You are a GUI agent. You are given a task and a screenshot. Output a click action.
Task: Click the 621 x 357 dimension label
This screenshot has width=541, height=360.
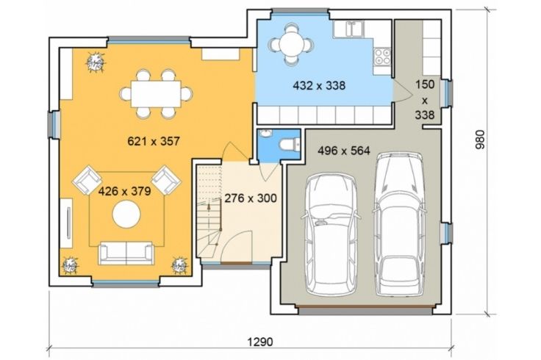click(x=154, y=141)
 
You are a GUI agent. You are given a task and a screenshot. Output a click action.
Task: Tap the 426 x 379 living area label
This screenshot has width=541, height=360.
click(x=124, y=191)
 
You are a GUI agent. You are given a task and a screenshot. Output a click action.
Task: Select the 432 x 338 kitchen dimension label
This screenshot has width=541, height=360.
click(x=319, y=85)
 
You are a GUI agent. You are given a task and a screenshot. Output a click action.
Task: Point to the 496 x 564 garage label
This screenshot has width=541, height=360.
click(x=344, y=151)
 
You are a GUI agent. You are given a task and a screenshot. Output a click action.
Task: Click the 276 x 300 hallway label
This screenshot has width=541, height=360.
click(x=251, y=198)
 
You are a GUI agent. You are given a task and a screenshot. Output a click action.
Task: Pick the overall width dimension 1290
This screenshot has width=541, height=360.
click(x=260, y=342)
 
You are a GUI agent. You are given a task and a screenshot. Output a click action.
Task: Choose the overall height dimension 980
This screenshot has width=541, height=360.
click(x=479, y=140)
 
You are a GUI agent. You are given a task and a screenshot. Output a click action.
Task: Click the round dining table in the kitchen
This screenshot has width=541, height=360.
click(x=292, y=44)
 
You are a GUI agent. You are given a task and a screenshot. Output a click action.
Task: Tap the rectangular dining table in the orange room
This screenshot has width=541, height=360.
click(x=156, y=94)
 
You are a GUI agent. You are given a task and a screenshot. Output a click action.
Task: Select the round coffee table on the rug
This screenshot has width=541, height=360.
click(x=126, y=214)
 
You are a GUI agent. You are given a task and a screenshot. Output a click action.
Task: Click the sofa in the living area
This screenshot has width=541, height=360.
click(x=126, y=253)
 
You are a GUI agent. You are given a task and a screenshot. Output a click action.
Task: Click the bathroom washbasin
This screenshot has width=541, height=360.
click(x=265, y=133)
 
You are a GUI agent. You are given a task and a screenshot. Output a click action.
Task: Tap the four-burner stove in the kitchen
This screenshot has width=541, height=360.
click(x=382, y=56)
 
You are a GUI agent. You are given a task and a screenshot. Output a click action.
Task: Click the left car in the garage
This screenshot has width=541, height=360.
click(x=331, y=234)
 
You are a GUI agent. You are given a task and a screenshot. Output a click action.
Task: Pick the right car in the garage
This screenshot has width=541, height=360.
click(x=400, y=224)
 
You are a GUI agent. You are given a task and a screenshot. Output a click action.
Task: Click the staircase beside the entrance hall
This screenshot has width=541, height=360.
click(x=209, y=211)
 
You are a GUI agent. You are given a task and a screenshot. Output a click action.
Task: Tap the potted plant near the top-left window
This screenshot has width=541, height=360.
click(x=95, y=62)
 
